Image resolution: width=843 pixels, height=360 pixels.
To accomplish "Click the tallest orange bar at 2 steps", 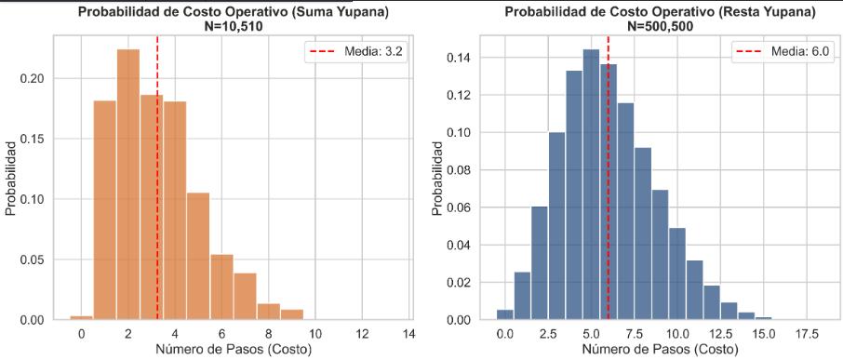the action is tap(128, 184).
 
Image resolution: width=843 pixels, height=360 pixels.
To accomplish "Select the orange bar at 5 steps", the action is tap(198, 257).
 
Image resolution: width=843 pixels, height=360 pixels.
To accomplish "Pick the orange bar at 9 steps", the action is tap(291, 314).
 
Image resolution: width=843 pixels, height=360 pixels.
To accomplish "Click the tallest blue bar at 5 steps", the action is tap(592, 185).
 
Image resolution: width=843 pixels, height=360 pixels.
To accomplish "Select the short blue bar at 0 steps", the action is tap(505, 314).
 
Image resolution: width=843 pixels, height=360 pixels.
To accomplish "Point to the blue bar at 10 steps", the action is tap(677, 274).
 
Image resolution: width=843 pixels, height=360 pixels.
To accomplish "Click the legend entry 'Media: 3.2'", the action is tap(355, 52).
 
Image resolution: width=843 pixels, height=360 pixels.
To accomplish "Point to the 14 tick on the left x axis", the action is tap(408, 334).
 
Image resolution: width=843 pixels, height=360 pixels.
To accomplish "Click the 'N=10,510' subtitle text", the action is tap(233, 25).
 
